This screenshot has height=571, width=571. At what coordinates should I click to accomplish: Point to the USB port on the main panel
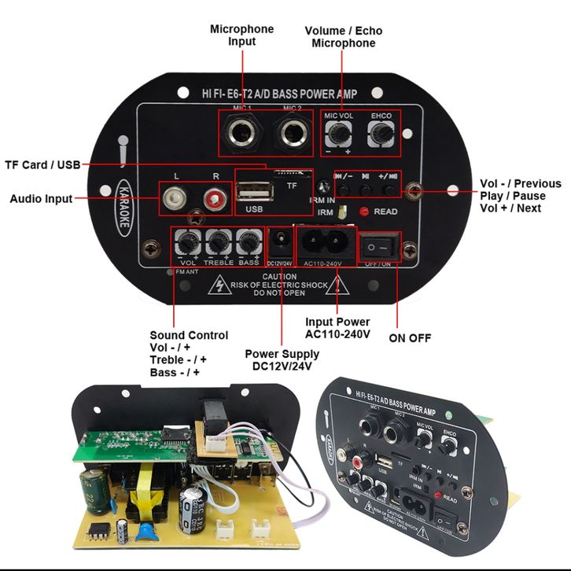[254, 192]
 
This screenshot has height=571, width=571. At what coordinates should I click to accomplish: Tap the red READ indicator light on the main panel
[364, 212]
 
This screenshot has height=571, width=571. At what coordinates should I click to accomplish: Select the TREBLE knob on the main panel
[218, 240]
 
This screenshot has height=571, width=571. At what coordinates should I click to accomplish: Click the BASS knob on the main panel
[249, 240]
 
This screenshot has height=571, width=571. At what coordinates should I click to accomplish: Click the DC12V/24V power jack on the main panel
[279, 238]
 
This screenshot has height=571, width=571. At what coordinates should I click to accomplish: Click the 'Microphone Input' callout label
[241, 35]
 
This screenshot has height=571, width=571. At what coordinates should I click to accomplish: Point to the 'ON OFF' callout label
[410, 338]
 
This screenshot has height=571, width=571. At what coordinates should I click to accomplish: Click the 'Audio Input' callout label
[41, 199]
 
